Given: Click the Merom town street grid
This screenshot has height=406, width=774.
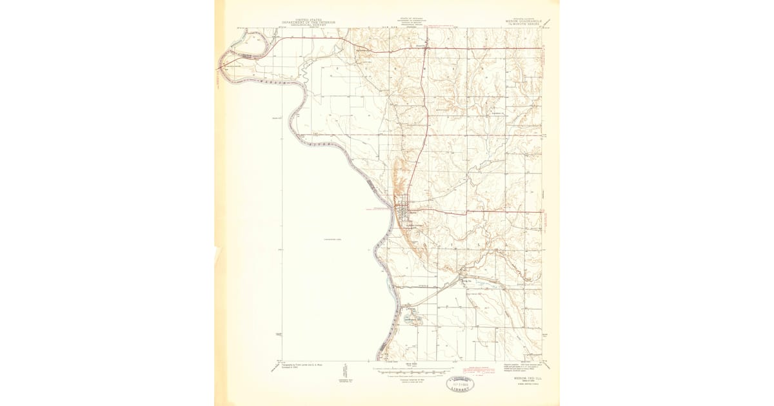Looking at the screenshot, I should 404,211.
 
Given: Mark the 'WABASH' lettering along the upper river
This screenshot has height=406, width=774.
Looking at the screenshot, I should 271,82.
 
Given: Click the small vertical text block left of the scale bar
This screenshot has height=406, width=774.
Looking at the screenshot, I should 346,371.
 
